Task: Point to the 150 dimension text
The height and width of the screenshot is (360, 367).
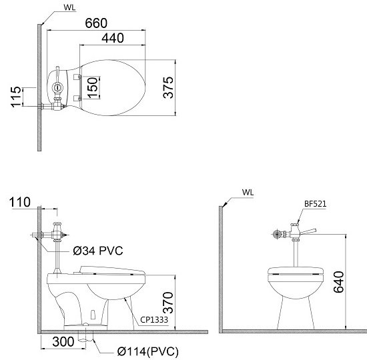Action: pyautogui.click(x=94, y=88)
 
